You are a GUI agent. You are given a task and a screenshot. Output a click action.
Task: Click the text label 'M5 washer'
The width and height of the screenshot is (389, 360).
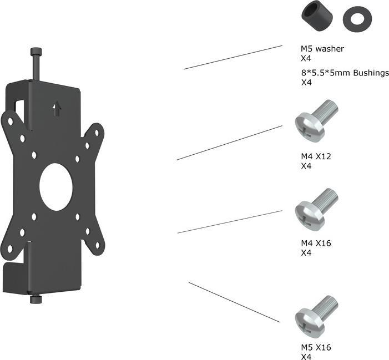pos(322,49)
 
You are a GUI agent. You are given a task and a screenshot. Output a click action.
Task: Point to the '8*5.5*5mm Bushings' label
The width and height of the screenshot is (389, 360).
pos(344,73)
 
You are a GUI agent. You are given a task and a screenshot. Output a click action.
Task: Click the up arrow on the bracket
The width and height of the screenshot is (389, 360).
pos(57,108)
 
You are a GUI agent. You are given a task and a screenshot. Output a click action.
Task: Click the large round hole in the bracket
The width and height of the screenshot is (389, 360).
pos(56,186)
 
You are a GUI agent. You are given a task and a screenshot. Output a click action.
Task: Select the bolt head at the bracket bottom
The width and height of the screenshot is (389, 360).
pos(36,300)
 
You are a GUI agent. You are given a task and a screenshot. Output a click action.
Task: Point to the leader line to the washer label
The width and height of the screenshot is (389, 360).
pos(233,57)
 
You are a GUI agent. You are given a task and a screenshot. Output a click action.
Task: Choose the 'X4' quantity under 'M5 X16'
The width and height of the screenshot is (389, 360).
pos(306,357)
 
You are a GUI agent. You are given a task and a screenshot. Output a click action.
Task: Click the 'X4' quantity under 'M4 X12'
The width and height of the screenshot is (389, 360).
pos(306,166)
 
